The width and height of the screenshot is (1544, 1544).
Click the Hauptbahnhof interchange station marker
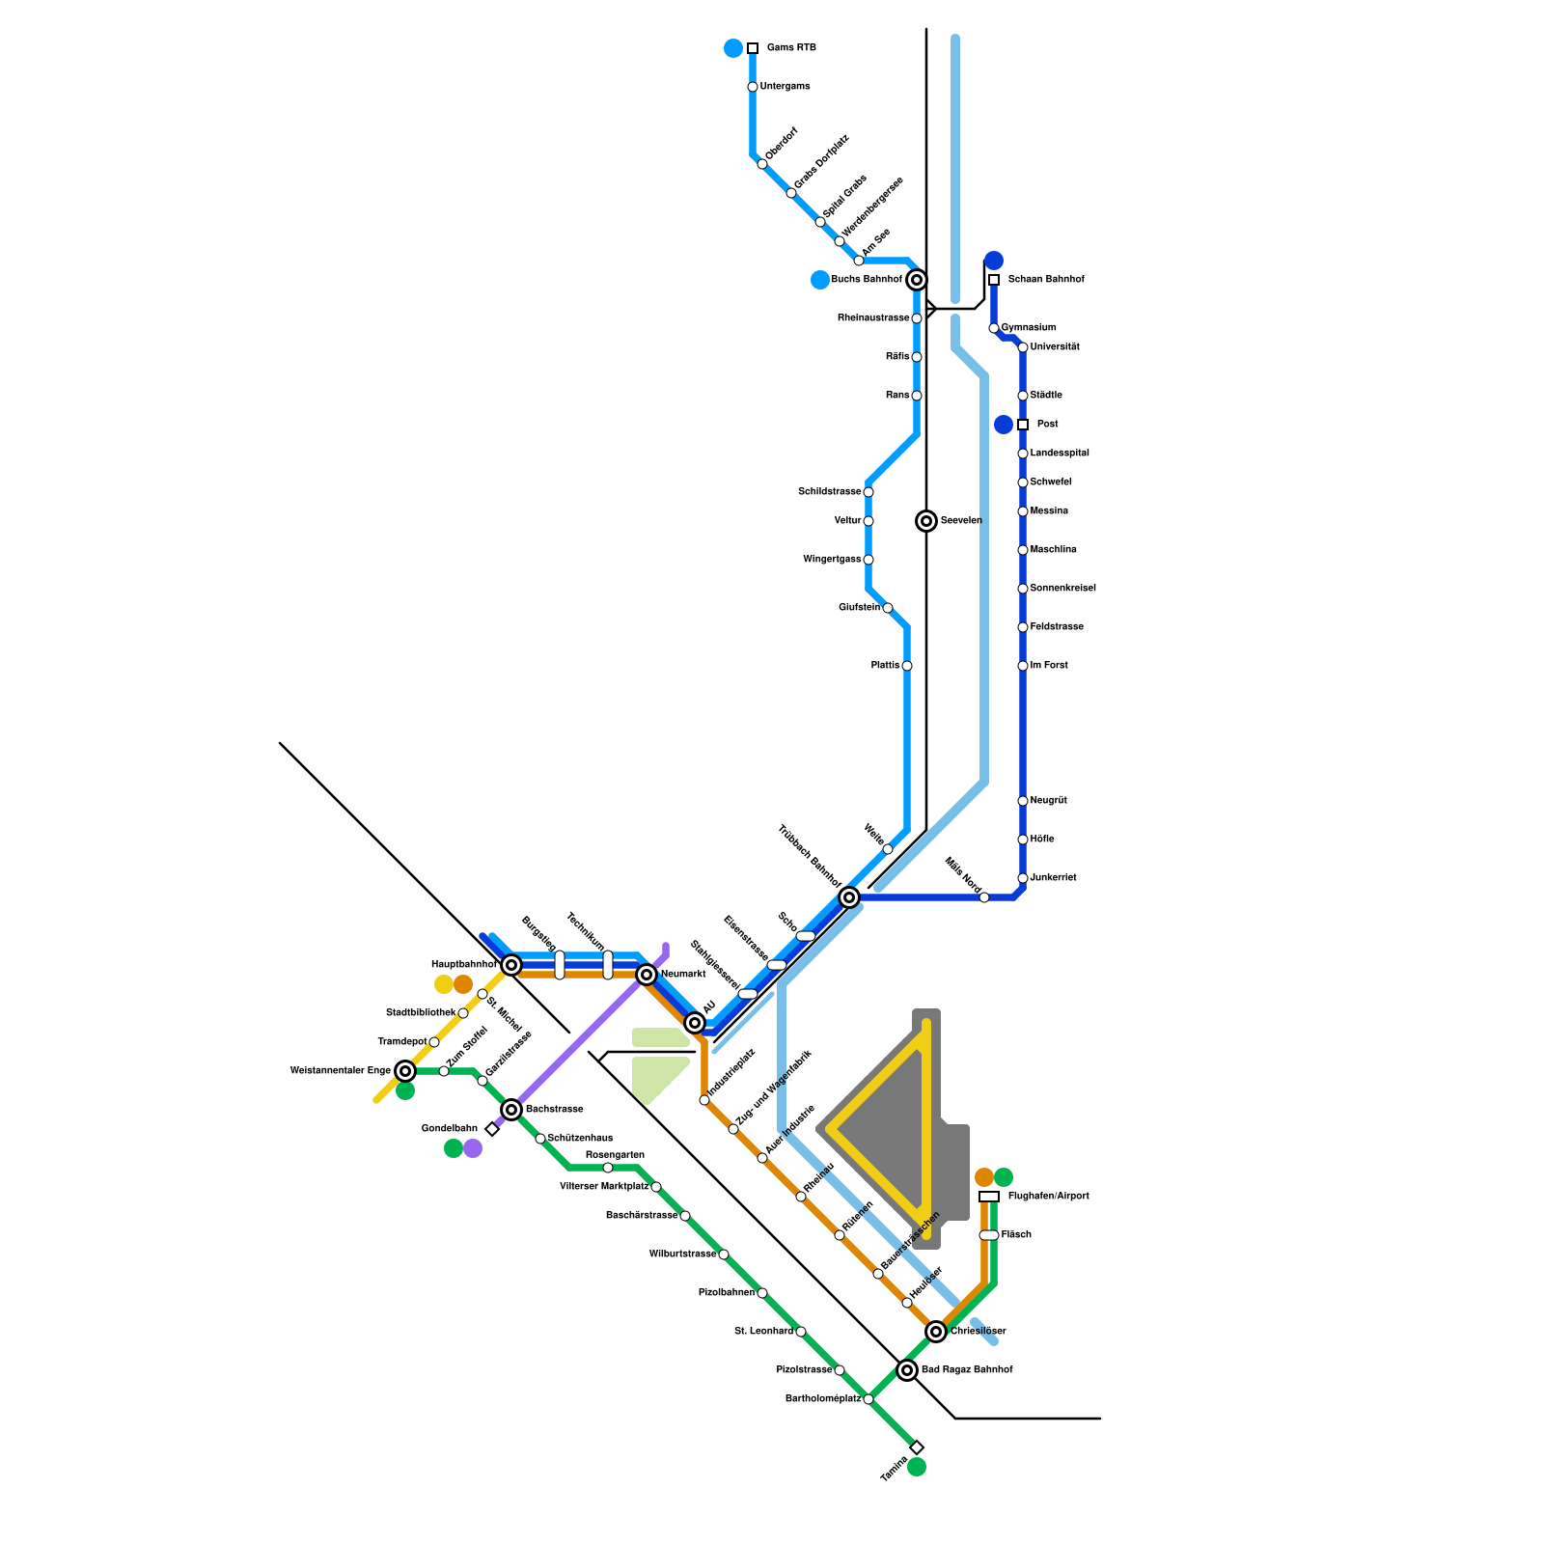[511, 965]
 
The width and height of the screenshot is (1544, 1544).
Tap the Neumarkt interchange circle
[647, 975]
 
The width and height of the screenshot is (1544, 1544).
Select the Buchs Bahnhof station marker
[917, 280]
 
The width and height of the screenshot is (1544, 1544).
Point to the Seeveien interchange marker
[926, 521]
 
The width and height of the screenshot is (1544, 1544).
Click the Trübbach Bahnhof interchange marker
[849, 897]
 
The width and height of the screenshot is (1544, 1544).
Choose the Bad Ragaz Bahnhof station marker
[907, 1370]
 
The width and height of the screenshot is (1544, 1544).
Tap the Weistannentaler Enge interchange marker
[405, 1071]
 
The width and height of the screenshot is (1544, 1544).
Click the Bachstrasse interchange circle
[511, 1110]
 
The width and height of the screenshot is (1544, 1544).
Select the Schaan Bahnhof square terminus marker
[994, 280]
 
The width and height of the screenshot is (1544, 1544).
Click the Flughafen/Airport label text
[1048, 1197]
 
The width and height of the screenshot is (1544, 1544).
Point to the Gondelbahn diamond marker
[492, 1129]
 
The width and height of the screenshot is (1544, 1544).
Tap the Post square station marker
[1023, 425]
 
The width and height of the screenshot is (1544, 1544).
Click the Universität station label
[1055, 347]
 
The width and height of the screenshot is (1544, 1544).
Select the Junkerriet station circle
[1023, 878]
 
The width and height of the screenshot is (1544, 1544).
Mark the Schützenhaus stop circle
[540, 1139]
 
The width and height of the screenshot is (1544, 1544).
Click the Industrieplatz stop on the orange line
[704, 1100]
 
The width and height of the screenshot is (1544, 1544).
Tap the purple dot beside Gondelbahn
[473, 1148]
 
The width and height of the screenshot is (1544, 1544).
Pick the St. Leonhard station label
[763, 1332]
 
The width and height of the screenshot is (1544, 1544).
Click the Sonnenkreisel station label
[1062, 589]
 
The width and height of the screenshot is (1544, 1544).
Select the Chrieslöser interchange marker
[936, 1332]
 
